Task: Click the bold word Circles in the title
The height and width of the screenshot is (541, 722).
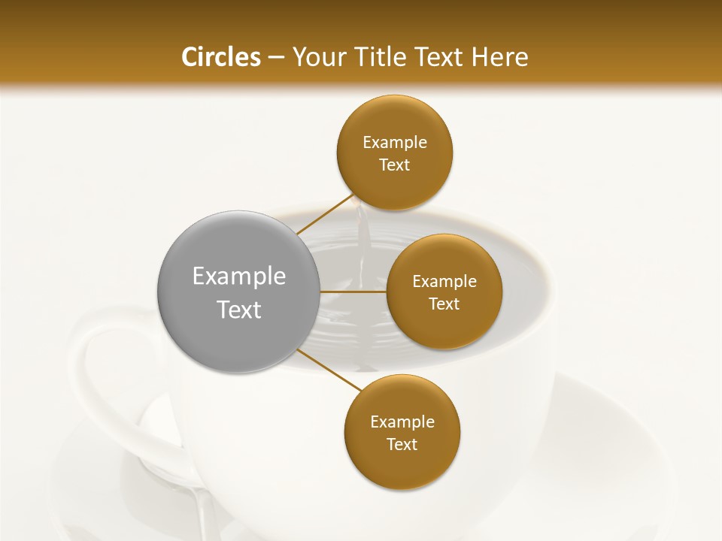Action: coord(220,57)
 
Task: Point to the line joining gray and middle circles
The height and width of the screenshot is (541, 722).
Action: coord(353,292)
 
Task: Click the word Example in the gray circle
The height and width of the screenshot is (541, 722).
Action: coord(239,277)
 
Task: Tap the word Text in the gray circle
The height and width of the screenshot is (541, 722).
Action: coord(239,310)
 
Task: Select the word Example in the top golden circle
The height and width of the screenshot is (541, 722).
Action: coord(395,143)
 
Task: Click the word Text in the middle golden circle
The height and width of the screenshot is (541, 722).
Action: coord(444,304)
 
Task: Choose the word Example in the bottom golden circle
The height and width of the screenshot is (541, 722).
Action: coord(402,422)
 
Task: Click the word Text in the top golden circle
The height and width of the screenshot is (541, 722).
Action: coord(394,165)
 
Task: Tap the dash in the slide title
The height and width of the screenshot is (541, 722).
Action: coord(275,58)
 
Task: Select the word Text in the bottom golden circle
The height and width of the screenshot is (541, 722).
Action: coord(402,445)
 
